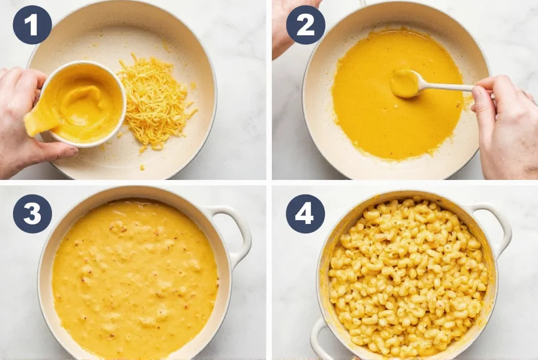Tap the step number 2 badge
305,25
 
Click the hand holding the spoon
504,129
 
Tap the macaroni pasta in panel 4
408,276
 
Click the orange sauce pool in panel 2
384,120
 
